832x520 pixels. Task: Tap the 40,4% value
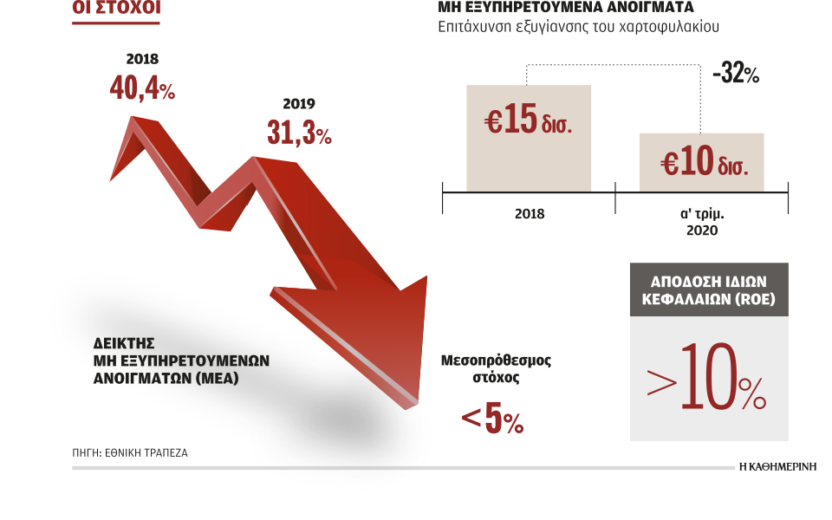pyautogui.click(x=143, y=88)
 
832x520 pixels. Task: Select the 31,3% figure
pyautogui.click(x=299, y=133)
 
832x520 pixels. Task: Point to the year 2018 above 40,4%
pyautogui.click(x=142, y=60)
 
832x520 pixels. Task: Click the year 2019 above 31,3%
pyautogui.click(x=298, y=104)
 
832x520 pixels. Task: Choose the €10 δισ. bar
pyautogui.click(x=702, y=162)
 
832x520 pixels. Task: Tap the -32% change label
pyautogui.click(x=735, y=75)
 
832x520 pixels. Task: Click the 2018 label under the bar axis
pyautogui.click(x=529, y=213)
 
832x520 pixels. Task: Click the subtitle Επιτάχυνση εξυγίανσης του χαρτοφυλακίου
pyautogui.click(x=579, y=27)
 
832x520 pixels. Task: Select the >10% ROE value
pyautogui.click(x=706, y=379)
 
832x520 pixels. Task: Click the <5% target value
pyautogui.click(x=492, y=420)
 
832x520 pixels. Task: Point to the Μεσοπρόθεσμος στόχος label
pyautogui.click(x=496, y=369)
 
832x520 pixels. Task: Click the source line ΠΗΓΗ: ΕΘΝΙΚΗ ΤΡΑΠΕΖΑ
pyautogui.click(x=130, y=452)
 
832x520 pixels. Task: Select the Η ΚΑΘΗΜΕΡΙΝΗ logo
pyautogui.click(x=778, y=466)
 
